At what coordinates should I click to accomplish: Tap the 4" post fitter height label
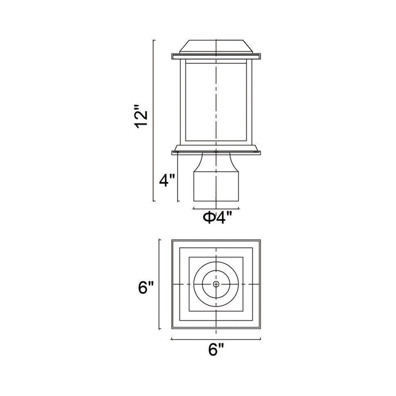(167, 180)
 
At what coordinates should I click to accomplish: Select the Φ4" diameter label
(217, 217)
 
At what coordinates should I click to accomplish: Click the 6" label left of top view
(146, 287)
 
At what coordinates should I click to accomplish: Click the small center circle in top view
(216, 284)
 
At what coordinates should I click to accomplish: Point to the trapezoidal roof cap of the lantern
(216, 47)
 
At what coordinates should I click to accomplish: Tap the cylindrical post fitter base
(216, 187)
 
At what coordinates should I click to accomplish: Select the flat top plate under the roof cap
(216, 56)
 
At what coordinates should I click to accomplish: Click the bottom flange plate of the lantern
(216, 153)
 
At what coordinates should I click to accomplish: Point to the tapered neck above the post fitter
(216, 163)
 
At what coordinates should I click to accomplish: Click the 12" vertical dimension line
(154, 120)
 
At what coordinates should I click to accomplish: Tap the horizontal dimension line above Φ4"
(216, 209)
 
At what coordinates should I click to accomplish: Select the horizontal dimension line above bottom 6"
(216, 339)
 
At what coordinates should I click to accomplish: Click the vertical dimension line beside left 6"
(159, 284)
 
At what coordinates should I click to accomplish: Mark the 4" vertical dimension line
(178, 178)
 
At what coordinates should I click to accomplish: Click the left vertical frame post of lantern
(183, 102)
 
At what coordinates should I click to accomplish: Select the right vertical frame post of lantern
(249, 102)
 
